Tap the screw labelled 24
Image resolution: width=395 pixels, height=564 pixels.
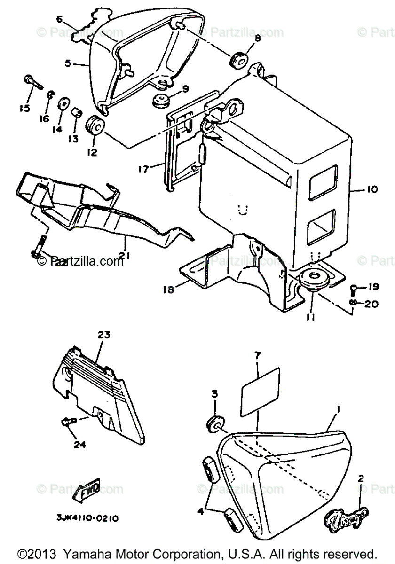tap(68, 422)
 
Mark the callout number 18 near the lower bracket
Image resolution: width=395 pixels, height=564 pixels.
tap(169, 290)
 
